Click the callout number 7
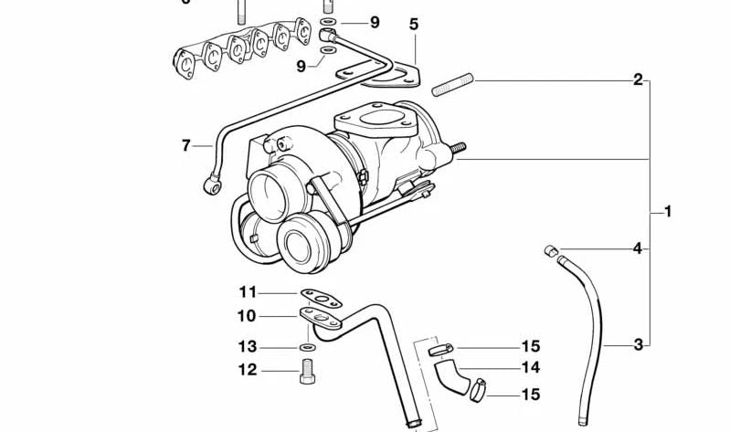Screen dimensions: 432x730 tap(185, 145)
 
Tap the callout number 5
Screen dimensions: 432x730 tap(414, 25)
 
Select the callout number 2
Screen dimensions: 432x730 tap(638, 79)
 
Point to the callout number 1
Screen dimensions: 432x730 tap(668, 212)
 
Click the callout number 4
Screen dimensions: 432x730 tap(638, 248)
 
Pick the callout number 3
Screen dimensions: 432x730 tap(638, 344)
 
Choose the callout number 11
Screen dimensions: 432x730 tap(249, 292)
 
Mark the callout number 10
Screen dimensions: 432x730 tap(249, 316)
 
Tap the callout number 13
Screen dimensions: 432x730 tap(249, 347)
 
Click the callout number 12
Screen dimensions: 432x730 tap(249, 370)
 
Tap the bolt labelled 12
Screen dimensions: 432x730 tap(307, 371)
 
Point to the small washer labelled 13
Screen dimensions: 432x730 tap(305, 347)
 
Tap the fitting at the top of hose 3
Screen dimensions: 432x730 tap(551, 251)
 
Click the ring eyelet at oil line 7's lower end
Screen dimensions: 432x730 tap(211, 184)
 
